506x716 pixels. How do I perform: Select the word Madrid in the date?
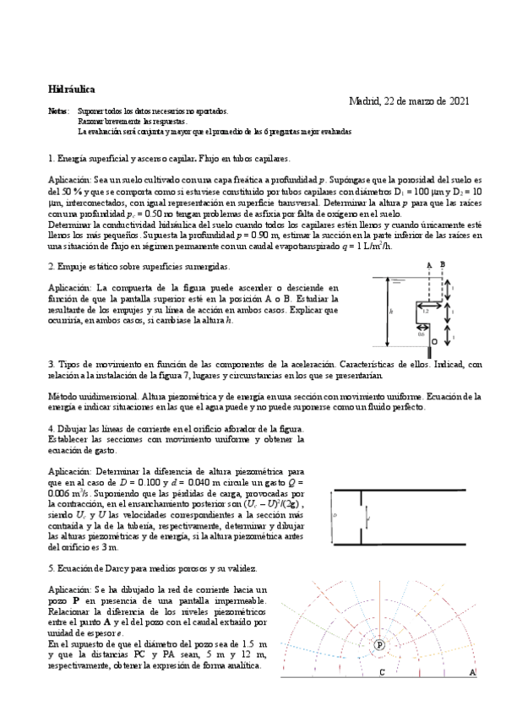[365, 101]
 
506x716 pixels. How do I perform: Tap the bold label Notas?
[59, 112]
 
